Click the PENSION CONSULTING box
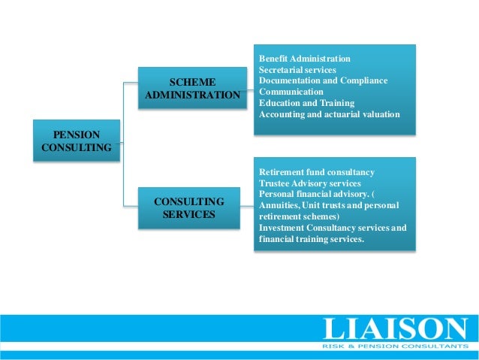[x=77, y=141]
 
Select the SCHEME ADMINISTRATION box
[x=192, y=89]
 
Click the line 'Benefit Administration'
[x=305, y=59]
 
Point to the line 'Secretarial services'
[x=298, y=69]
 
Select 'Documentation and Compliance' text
[x=324, y=80]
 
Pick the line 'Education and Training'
[x=306, y=103]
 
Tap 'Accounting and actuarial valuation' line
[x=330, y=114]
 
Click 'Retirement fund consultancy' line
[x=316, y=172]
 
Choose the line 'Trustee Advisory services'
[x=309, y=183]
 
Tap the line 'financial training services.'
[x=312, y=239]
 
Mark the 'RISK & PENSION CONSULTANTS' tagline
[x=394, y=346]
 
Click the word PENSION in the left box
[x=77, y=135]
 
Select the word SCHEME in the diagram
[x=193, y=82]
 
